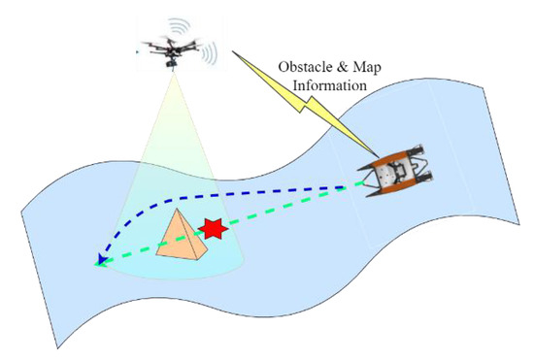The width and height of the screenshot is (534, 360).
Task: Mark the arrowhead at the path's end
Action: [x=100, y=260]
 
